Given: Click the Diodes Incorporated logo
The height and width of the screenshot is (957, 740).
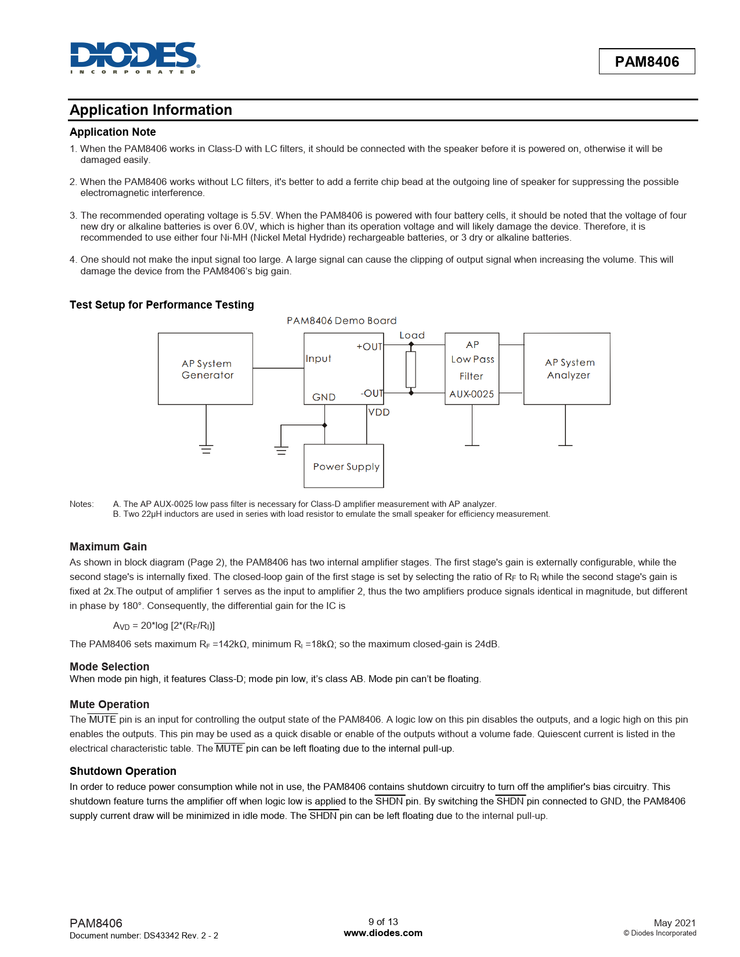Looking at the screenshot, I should (135, 58).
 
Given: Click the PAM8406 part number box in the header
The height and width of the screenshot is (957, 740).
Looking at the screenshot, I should (647, 61).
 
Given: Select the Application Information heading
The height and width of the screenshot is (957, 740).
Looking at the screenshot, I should (151, 110).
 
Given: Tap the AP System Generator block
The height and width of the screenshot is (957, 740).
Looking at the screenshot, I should (205, 369).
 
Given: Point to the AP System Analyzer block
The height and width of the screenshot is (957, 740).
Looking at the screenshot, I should (567, 369).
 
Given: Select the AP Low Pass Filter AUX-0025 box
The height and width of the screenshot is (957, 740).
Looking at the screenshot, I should (472, 369).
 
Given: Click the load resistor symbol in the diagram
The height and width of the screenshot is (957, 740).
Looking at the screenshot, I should (411, 369).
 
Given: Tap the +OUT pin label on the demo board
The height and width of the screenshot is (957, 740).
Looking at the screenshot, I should (369, 347).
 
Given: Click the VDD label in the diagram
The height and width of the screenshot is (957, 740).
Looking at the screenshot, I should (379, 412).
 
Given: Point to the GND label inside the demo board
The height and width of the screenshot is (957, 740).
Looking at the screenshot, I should (324, 397).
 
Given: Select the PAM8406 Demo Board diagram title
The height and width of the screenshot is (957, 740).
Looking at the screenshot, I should (342, 321).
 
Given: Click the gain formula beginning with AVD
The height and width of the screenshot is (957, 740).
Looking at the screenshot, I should (164, 626).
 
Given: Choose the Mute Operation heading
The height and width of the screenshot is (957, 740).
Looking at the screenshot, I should (110, 705).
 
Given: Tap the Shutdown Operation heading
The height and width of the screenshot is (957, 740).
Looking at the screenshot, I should (123, 771).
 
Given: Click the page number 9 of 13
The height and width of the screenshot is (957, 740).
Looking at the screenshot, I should (383, 922).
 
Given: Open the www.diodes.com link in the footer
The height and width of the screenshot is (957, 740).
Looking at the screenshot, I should (383, 933).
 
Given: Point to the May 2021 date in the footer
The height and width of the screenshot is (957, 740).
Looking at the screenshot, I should (674, 923).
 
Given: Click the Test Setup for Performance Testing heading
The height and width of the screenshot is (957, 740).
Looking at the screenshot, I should (162, 305).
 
